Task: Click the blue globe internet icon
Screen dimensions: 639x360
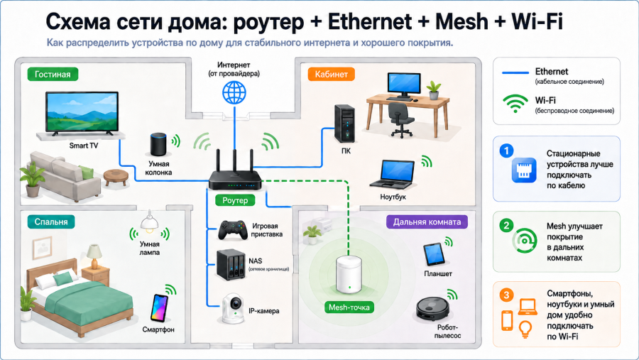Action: (x=234, y=92)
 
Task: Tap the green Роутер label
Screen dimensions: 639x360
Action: (x=235, y=200)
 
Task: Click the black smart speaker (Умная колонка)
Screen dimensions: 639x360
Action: (x=158, y=144)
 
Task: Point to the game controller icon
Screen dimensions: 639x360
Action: (x=233, y=230)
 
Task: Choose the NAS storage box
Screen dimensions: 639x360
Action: (x=231, y=265)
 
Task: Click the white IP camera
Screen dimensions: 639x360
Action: (x=234, y=309)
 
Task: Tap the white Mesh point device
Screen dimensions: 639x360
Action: (x=349, y=275)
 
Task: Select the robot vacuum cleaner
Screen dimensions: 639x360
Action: (x=432, y=309)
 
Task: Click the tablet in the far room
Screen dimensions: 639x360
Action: (x=434, y=255)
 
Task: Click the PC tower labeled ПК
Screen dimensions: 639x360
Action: (x=345, y=123)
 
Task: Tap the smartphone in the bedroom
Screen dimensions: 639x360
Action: (x=159, y=308)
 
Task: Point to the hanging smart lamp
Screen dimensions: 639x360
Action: (x=150, y=223)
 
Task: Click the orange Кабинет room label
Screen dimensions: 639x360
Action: (x=332, y=75)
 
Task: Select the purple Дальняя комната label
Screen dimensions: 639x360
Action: (x=427, y=222)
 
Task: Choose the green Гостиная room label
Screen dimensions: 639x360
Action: (x=53, y=75)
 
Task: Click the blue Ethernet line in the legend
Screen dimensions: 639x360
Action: (x=515, y=73)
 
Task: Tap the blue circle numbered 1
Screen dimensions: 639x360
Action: (x=506, y=151)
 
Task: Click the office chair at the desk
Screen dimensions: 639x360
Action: (x=400, y=119)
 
